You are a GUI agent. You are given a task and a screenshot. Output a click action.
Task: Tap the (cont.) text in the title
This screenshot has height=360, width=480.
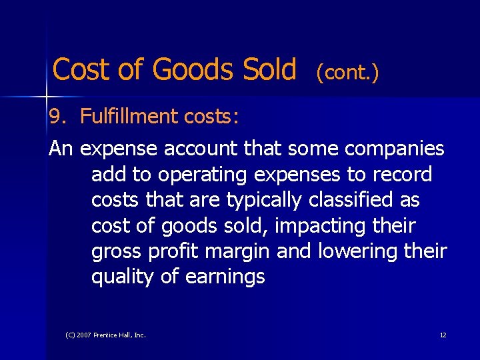pos(347,72)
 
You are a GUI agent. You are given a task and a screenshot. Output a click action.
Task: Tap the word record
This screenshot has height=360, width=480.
pos(402,175)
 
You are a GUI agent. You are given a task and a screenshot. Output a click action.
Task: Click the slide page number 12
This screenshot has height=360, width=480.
pos(443,335)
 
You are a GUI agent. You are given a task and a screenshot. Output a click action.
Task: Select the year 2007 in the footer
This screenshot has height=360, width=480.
pos(83,335)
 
